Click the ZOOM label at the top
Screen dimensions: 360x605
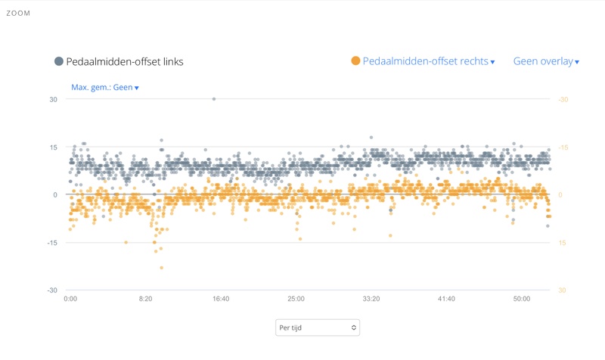18,13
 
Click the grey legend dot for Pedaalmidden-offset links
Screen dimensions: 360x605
59,61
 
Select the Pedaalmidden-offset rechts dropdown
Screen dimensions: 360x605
428,61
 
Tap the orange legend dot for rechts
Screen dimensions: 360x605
355,61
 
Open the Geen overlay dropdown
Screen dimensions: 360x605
546,61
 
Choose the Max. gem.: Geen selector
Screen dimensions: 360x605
104,87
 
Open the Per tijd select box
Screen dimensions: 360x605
317,327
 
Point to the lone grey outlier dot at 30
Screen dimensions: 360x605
214,99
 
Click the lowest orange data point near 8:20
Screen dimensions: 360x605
161,268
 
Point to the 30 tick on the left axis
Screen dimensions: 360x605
53,99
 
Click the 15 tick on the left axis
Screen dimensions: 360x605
53,147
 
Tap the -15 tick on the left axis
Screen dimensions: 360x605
51,243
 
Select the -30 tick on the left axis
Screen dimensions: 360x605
51,290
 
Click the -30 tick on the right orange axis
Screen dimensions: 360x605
563,99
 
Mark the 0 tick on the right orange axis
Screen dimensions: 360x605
560,195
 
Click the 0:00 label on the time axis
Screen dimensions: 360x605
70,299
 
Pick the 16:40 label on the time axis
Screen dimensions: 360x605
220,299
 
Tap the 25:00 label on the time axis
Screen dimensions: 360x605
296,299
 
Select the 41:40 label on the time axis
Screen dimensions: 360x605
446,299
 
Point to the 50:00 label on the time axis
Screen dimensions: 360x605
522,299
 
